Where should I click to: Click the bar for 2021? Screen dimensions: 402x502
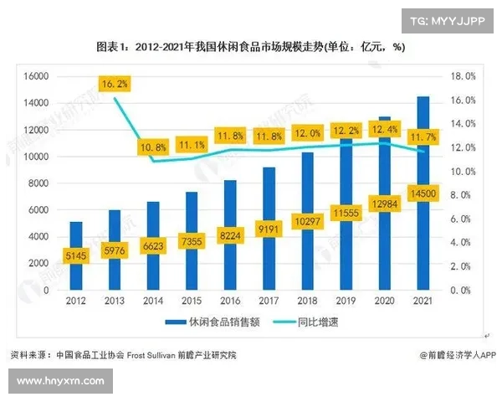(x=423, y=167)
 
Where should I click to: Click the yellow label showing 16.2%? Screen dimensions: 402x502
(x=114, y=84)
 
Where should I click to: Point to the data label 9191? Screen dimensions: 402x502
(x=269, y=228)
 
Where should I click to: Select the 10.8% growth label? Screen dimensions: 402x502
(x=152, y=147)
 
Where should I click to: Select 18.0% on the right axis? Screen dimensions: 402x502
(x=462, y=76)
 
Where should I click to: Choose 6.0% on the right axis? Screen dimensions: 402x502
(x=463, y=219)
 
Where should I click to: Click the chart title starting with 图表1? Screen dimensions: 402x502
(x=251, y=47)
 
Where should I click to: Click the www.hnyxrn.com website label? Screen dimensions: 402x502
(x=59, y=381)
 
